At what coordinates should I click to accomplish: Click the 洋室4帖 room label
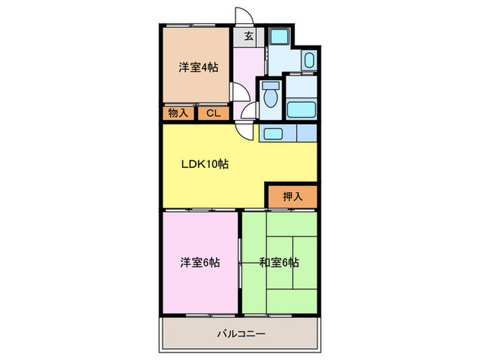coord(199,67)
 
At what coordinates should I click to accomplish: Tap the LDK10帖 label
coord(205,164)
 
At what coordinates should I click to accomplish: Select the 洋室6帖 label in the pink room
coord(200,262)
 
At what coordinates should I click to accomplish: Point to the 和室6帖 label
coord(280,262)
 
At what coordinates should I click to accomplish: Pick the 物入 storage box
coord(178,114)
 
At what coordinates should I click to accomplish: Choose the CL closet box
coord(213,114)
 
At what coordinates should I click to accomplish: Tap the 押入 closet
coord(292,196)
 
